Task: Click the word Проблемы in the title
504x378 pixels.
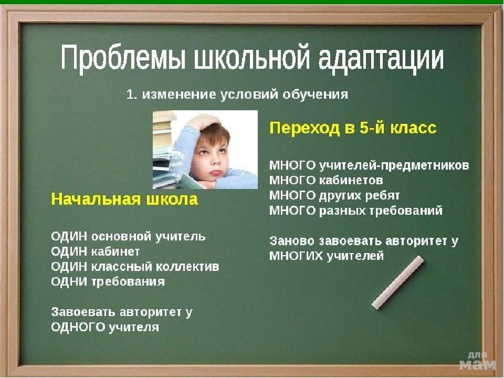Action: click(123, 58)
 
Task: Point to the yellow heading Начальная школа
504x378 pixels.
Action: click(124, 199)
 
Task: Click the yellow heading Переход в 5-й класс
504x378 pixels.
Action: click(353, 128)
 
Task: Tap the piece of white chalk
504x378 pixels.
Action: click(397, 282)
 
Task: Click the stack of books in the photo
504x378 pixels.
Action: click(164, 150)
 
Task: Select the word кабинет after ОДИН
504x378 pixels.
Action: click(115, 251)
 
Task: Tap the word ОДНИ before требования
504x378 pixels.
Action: click(69, 282)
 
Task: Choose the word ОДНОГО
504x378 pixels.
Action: click(78, 327)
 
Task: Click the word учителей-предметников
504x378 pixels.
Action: click(394, 165)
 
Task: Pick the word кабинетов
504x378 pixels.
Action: click(351, 180)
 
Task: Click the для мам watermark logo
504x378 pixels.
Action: click(478, 361)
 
